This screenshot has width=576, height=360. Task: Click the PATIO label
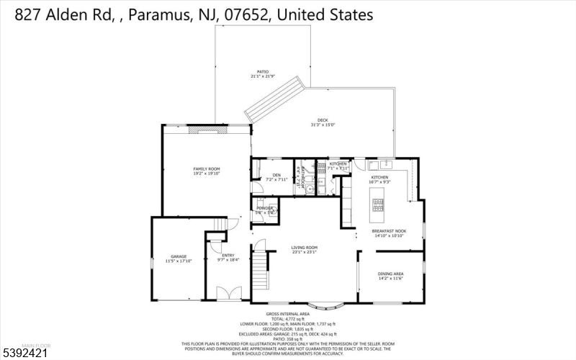coord(263,72)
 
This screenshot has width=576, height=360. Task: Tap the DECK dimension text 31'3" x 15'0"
coord(323,125)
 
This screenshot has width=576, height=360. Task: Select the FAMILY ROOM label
coord(205,168)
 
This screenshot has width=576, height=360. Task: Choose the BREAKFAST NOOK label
coord(388,231)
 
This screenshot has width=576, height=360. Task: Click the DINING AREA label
coord(390,274)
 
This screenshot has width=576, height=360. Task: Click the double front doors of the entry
coord(228,294)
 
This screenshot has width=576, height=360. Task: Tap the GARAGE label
coord(178,256)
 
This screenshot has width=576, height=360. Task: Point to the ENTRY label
coord(228,256)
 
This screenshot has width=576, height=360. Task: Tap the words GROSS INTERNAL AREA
coord(287,314)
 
